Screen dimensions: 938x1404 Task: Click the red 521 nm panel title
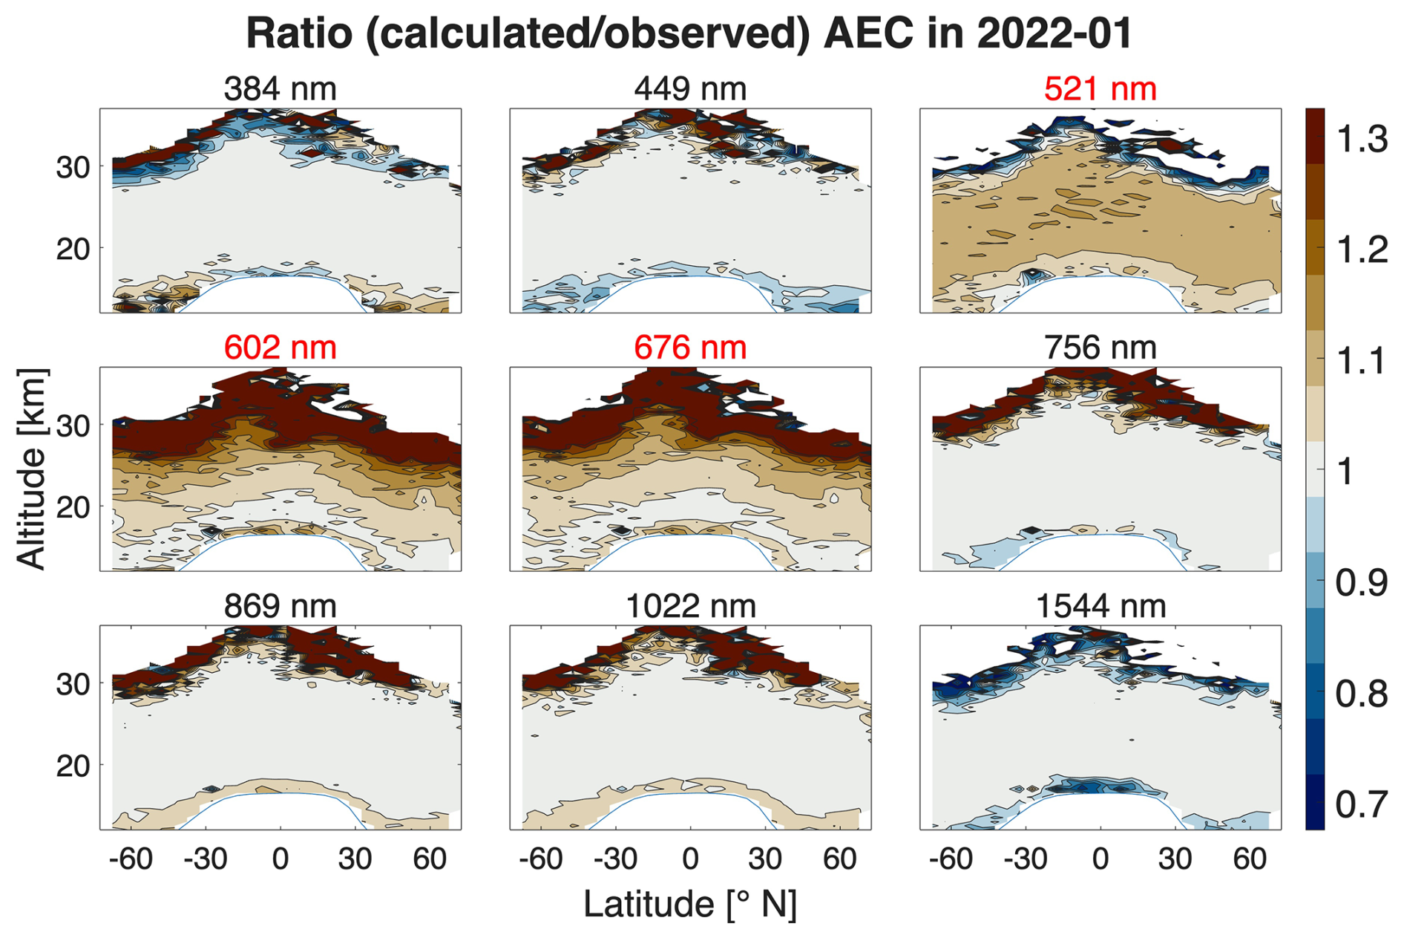1100,89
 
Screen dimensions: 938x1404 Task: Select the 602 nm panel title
280,348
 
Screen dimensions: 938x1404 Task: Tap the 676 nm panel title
690,348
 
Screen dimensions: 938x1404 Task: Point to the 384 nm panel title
280,89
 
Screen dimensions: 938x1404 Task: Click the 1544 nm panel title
1100,606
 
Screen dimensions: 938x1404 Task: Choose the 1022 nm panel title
690,606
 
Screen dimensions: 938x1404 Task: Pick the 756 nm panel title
1100,348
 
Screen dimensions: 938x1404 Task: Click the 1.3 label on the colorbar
1361,139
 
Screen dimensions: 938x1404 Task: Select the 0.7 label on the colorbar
1361,804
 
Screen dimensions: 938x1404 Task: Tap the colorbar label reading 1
1345,472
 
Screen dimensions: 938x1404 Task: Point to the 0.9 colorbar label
1361,583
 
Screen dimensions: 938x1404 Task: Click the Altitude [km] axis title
31,469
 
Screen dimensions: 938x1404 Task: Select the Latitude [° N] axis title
690,904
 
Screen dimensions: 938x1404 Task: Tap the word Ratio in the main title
299,33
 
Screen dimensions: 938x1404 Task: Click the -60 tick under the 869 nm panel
131,859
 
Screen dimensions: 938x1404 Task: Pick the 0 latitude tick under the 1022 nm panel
690,859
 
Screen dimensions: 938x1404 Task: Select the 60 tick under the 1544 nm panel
1250,859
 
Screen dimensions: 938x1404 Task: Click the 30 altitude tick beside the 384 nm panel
73,167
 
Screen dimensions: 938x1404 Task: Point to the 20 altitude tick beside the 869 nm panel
73,765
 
